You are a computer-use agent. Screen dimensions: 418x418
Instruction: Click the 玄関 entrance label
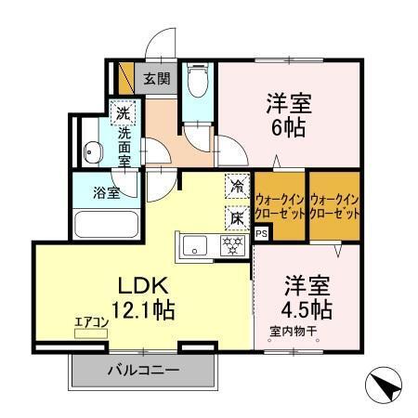pos(156,79)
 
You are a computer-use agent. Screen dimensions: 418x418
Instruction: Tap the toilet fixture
pos(196,83)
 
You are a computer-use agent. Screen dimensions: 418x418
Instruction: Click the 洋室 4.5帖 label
pos(305,296)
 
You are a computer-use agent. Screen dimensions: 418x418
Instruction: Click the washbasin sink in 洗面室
pos(93,154)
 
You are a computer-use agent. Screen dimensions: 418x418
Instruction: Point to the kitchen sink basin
pos(197,245)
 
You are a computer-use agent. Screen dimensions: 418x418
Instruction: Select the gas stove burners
pos(231,245)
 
